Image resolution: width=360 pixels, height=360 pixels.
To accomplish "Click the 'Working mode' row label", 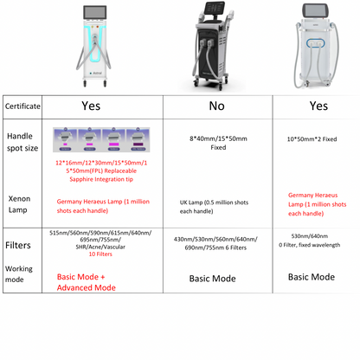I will pos(21,274).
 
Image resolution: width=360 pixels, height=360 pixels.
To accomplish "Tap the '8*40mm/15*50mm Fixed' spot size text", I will pos(217,144).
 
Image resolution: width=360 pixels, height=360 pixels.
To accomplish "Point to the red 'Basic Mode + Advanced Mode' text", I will pos(87,282).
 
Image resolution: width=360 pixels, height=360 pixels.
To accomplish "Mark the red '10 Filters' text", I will pos(100,255).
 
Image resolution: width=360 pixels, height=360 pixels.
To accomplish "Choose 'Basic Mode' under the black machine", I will pos(213,279).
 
